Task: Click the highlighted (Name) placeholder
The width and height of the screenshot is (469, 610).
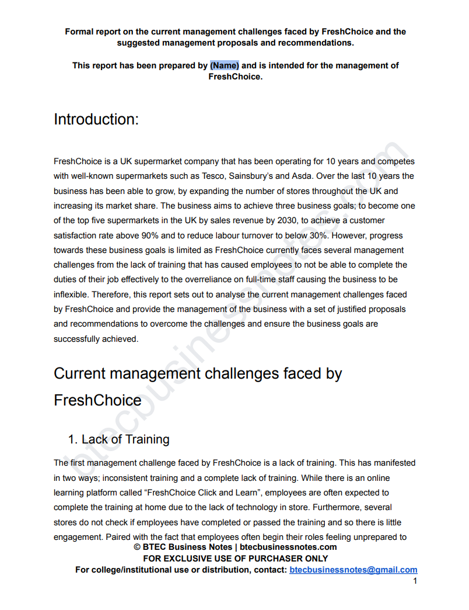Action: [x=225, y=65]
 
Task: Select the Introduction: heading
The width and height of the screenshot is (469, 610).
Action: [x=96, y=119]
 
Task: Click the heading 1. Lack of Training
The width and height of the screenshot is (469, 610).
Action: [x=119, y=439]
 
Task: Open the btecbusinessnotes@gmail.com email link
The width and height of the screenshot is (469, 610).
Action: [x=353, y=570]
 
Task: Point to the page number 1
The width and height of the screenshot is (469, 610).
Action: [x=415, y=581]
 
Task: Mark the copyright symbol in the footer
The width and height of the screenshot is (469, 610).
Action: [x=137, y=547]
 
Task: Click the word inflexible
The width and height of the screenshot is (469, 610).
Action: [x=71, y=294]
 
